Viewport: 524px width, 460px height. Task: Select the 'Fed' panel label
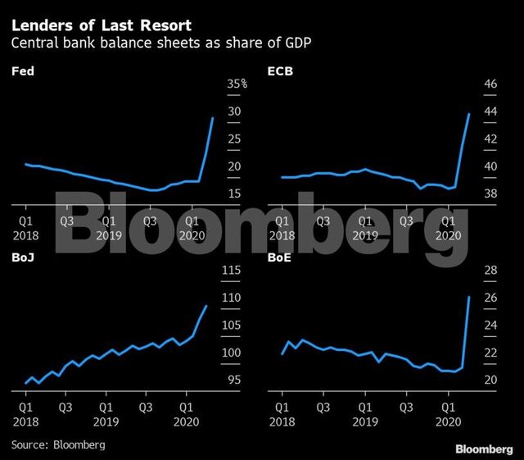coord(20,72)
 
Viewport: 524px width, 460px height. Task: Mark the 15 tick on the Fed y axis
coord(234,194)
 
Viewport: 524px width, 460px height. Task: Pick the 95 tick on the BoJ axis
coord(233,380)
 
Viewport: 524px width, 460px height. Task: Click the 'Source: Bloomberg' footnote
coord(58,444)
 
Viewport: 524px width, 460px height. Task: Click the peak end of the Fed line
coord(213,118)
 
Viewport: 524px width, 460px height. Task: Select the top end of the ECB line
coord(468,114)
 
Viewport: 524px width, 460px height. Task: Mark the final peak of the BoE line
coord(468,297)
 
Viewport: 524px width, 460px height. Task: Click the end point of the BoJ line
coord(206,306)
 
